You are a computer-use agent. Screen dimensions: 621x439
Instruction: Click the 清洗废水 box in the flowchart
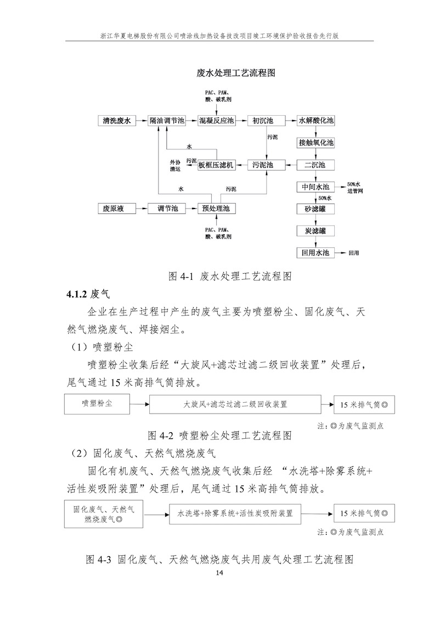tap(116, 120)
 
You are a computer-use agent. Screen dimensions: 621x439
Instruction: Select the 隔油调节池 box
tap(167, 120)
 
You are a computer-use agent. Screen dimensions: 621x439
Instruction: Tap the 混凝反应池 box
tap(216, 120)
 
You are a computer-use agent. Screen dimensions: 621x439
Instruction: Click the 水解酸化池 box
tap(316, 120)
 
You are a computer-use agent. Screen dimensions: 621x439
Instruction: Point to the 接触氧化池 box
tap(316, 143)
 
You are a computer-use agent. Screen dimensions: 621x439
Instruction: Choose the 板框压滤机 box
tap(216, 165)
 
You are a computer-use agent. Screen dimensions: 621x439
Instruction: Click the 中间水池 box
tap(316, 187)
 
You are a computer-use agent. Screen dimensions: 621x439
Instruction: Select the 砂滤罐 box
tap(316, 209)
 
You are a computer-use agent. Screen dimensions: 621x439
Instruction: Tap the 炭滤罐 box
tap(316, 231)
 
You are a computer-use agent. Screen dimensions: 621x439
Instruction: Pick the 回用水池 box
tap(316, 253)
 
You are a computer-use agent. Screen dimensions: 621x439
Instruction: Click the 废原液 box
tap(115, 208)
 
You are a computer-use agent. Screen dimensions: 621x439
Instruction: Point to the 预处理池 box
tap(216, 208)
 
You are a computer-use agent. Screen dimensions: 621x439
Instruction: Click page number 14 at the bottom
tap(219, 573)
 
